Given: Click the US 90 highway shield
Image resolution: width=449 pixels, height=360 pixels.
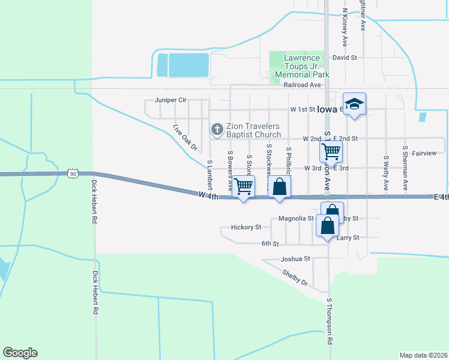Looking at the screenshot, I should pos(72,173).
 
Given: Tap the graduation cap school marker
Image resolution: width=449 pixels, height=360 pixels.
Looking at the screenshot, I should pos(354,104).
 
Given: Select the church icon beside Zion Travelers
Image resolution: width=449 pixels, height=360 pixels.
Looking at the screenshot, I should pos(217,129).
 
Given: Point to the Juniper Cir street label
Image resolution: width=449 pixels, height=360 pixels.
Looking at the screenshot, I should pos(167,100).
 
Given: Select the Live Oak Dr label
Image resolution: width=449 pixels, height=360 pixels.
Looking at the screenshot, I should pos(185,137).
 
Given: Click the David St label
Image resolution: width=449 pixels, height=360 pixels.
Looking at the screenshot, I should pos(345,58).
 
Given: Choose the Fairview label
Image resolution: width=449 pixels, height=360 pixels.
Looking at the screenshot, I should pos(424,153).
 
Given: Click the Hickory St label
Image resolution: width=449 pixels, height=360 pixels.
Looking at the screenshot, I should pos(246,227).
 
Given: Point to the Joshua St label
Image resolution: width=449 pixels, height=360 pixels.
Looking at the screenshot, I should pos(295,259).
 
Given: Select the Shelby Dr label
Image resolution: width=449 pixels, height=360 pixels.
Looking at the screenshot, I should pos(295,277).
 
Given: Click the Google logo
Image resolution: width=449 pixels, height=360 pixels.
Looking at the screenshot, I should pos(20,353).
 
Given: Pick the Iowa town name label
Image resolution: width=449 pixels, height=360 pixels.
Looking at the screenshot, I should pos(327,109).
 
